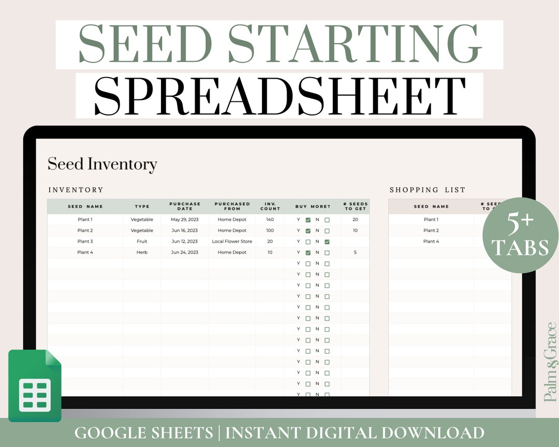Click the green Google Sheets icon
[x=35, y=385]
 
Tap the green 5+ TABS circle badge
[x=520, y=235]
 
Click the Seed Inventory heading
[x=102, y=165]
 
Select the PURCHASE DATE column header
[x=185, y=206]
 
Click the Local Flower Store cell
[x=232, y=242]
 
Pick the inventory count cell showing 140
[x=270, y=220]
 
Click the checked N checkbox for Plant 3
[x=327, y=242]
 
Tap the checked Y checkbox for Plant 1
[x=308, y=220]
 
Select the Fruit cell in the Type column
[x=142, y=242]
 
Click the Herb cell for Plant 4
[x=142, y=252]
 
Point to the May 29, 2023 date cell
[x=185, y=220]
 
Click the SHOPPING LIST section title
[x=428, y=190]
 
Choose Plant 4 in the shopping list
[x=431, y=242]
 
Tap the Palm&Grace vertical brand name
[x=550, y=362]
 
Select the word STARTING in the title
[x=355, y=44]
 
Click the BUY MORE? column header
[x=313, y=206]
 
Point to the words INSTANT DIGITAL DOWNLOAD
[x=355, y=433]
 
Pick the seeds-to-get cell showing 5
[x=355, y=252]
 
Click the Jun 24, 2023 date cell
[x=185, y=252]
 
